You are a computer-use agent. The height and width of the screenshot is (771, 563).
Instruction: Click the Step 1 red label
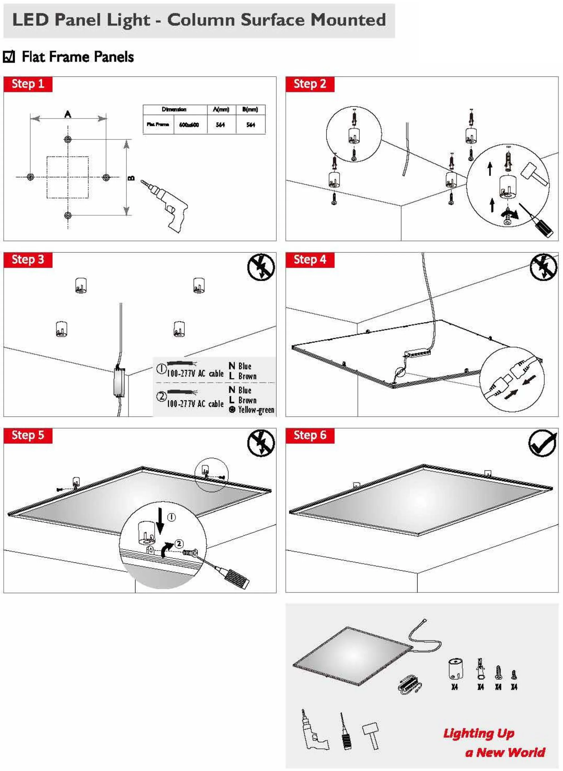[28, 84]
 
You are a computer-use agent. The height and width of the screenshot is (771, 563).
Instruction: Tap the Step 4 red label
[309, 260]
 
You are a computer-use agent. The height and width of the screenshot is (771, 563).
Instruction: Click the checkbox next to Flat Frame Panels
[9, 57]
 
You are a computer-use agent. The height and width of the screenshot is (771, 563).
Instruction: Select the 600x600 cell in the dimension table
[189, 125]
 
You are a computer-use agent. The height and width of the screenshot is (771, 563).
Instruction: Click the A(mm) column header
[221, 109]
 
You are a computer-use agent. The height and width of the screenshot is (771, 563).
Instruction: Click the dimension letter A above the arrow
[68, 114]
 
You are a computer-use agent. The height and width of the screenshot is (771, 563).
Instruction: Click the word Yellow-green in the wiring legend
[256, 410]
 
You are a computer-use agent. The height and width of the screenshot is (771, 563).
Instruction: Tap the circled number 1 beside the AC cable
[161, 368]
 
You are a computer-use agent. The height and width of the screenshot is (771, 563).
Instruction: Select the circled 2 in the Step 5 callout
[179, 543]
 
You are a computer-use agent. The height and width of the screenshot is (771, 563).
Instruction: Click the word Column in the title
[201, 20]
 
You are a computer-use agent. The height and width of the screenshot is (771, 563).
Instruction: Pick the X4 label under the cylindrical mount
[454, 687]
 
